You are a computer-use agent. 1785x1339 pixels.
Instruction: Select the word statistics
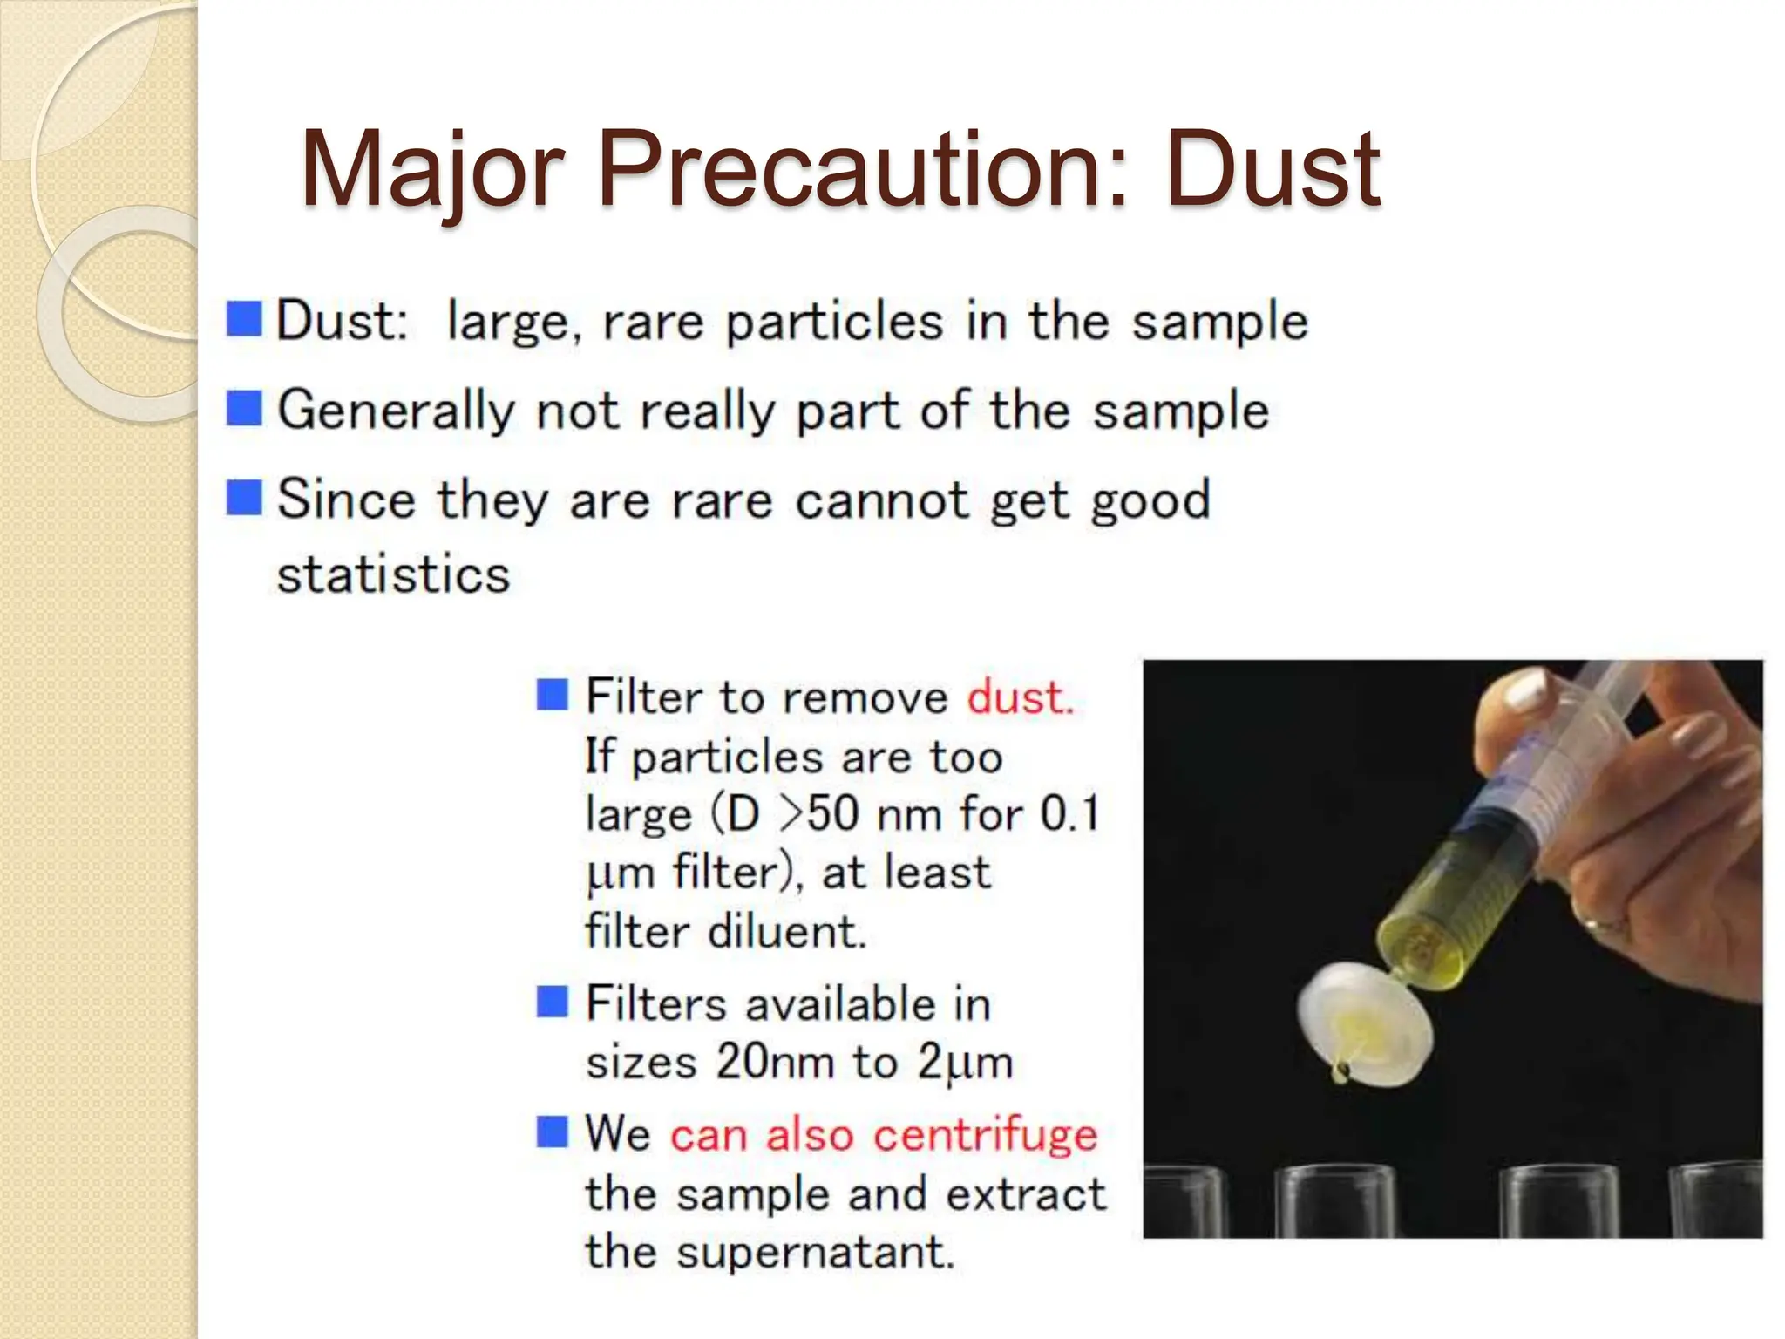(393, 574)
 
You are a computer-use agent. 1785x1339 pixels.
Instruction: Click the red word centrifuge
(985, 1135)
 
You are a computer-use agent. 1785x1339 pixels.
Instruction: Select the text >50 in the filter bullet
(819, 814)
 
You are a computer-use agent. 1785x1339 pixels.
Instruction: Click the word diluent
(787, 931)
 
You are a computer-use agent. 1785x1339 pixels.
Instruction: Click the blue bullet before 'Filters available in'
(552, 1002)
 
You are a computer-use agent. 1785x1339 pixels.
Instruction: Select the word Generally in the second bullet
(396, 410)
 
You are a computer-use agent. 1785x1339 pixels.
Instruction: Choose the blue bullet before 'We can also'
(552, 1132)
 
